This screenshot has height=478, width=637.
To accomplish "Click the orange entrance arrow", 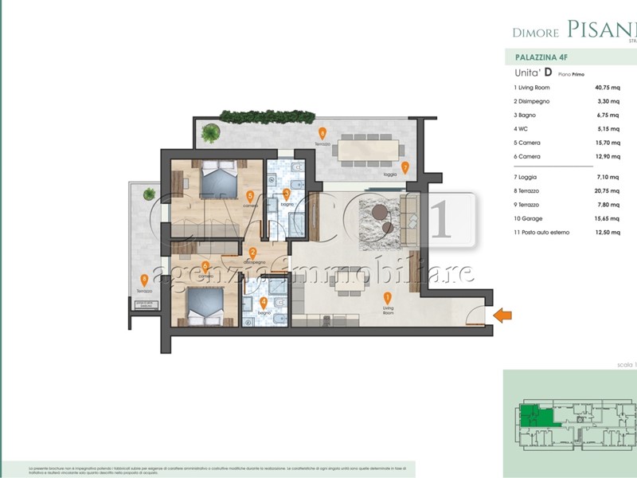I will (502, 315).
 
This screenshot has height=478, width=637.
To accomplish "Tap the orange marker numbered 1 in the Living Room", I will (388, 298).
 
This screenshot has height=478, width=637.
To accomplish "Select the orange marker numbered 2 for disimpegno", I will (252, 253).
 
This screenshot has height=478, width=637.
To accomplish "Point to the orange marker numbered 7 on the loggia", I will (405, 167).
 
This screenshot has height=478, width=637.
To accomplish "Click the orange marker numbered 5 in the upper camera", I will (250, 195).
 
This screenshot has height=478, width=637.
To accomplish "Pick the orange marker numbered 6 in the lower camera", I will (205, 266).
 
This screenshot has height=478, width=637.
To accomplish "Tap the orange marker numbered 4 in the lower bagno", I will (264, 303).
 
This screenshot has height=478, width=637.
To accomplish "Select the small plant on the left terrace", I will (147, 193).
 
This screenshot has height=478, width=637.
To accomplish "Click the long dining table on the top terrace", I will (370, 149).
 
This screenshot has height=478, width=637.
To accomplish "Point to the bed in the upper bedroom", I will (217, 179).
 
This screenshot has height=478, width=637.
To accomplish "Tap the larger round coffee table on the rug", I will (379, 214).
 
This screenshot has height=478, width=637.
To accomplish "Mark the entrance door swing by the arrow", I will (475, 317).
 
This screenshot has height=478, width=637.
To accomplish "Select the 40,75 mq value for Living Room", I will (608, 88).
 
